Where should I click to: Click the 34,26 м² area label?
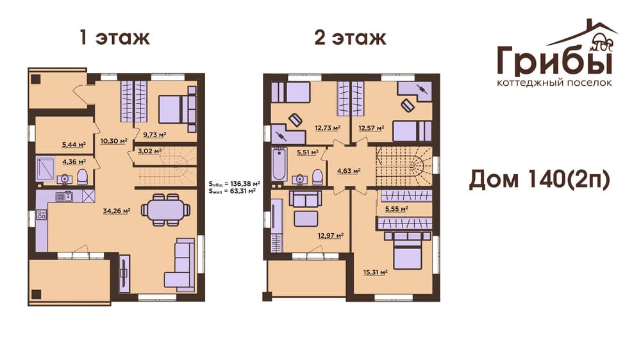pyautogui.click(x=117, y=211)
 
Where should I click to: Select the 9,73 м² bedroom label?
pyautogui.click(x=154, y=134)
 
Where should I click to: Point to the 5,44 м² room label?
pyautogui.click(x=74, y=144)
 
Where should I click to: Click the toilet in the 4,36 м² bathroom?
pyautogui.click(x=83, y=177)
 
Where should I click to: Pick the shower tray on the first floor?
pyautogui.click(x=45, y=168)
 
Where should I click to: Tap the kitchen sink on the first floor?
pyautogui.click(x=64, y=197)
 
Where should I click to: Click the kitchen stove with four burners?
pyautogui.click(x=41, y=215)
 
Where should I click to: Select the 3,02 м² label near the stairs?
pyautogui.click(x=149, y=151)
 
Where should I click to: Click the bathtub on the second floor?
pyautogui.click(x=279, y=164)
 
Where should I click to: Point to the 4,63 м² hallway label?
pyautogui.click(x=348, y=171)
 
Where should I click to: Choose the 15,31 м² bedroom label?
pyautogui.click(x=375, y=272)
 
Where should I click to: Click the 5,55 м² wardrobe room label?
pyautogui.click(x=397, y=209)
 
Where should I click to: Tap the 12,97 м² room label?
pyautogui.click(x=330, y=235)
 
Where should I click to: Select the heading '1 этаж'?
pyautogui.click(x=115, y=38)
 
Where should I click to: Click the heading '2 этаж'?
pyautogui.click(x=350, y=38)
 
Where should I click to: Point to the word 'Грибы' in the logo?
pyautogui.click(x=554, y=61)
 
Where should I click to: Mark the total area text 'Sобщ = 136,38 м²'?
pyautogui.click(x=234, y=183)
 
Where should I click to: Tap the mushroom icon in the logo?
pyautogui.click(x=602, y=41)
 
